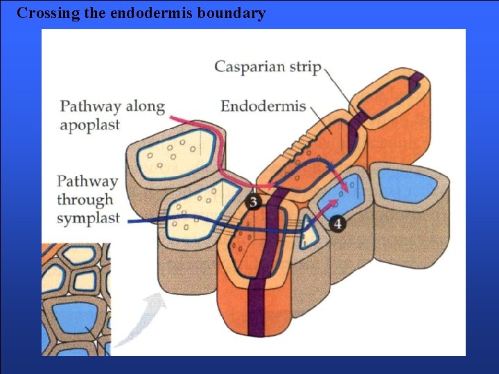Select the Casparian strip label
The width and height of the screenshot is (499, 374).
pos(268,67)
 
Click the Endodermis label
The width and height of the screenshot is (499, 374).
pos(263,106)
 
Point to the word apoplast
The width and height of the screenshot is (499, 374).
pos(89,125)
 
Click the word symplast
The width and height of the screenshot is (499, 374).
pos(88,219)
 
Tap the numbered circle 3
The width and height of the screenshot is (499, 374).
pos(254,202)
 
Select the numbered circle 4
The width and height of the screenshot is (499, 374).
pos(338,224)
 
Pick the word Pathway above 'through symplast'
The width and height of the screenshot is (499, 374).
pos(87,181)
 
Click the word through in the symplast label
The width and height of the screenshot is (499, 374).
pos(85,200)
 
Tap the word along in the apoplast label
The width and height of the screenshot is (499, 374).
pos(146,107)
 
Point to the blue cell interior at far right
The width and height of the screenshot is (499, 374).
pos(410,187)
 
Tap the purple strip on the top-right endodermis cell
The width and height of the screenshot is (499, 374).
pos(415,83)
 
